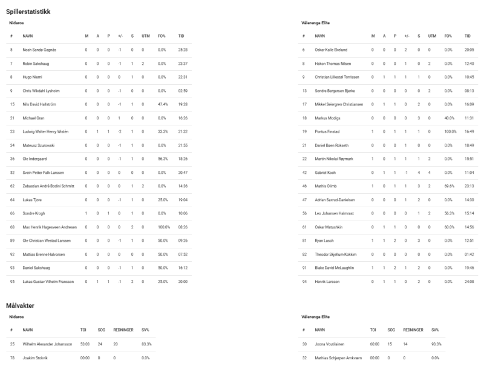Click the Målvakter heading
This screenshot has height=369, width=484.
pos(21,305)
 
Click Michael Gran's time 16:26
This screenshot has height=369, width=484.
pos(182,118)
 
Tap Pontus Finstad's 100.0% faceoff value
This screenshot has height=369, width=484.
pos(449,131)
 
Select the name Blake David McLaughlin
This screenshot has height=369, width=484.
pos(337,267)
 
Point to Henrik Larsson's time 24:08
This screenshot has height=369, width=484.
pos(468,281)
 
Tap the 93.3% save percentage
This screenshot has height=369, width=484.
pos(436,344)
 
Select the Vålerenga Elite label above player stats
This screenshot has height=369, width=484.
pos(315,23)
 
